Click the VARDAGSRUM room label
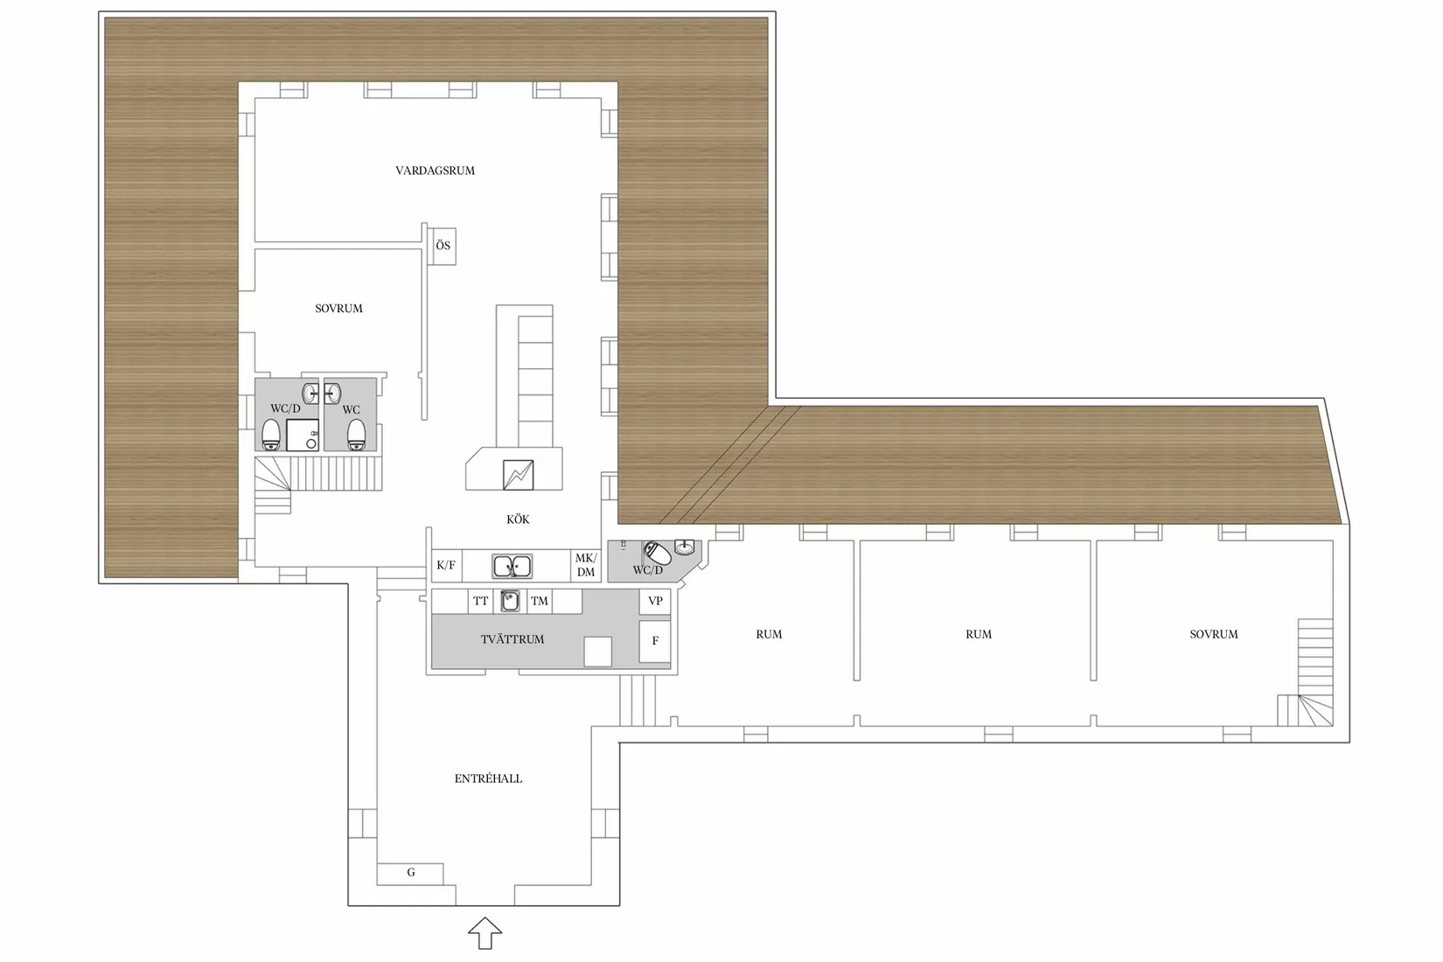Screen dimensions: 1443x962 pos(435,171)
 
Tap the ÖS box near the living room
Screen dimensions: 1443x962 pos(444,246)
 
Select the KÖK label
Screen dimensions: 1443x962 pos(518,519)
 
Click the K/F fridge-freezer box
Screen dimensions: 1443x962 pos(446,566)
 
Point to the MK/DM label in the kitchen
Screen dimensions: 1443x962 pos(586,565)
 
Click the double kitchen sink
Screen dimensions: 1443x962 pos(512,567)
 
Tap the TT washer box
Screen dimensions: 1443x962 pos(481,601)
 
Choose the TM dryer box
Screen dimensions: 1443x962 pos(540,601)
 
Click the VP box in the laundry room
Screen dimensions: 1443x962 pos(655,601)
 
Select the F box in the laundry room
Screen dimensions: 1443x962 pos(655,641)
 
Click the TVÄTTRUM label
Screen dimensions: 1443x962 pos(512,640)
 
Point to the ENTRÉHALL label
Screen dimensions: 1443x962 pos(488,779)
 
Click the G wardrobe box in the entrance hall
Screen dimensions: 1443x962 pos(410,873)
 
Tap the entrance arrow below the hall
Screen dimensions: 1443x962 pos(485,933)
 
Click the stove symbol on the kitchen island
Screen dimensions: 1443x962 pos(518,474)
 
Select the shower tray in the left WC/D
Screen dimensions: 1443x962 pos(302,435)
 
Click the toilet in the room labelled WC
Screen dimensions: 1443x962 pos(356,435)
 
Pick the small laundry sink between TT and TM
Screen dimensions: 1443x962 pos(510,601)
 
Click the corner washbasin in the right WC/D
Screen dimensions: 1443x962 pos(685,547)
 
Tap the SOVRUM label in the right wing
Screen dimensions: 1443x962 pos(1214,635)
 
